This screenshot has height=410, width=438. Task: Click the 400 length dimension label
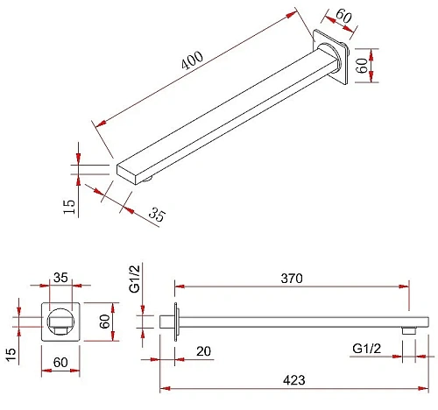click(192, 60)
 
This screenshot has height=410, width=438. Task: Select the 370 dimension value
click(292, 279)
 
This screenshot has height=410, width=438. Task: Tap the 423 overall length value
click(294, 380)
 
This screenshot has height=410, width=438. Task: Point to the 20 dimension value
click(203, 351)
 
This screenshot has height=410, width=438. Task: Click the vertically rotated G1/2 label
click(135, 279)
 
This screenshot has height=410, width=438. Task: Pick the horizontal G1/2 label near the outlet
click(367, 349)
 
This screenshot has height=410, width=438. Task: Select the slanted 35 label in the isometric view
click(157, 215)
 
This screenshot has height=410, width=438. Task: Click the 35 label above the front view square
click(60, 278)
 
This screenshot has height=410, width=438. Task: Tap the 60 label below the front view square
click(60, 363)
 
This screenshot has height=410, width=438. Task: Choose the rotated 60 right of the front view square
click(104, 322)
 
